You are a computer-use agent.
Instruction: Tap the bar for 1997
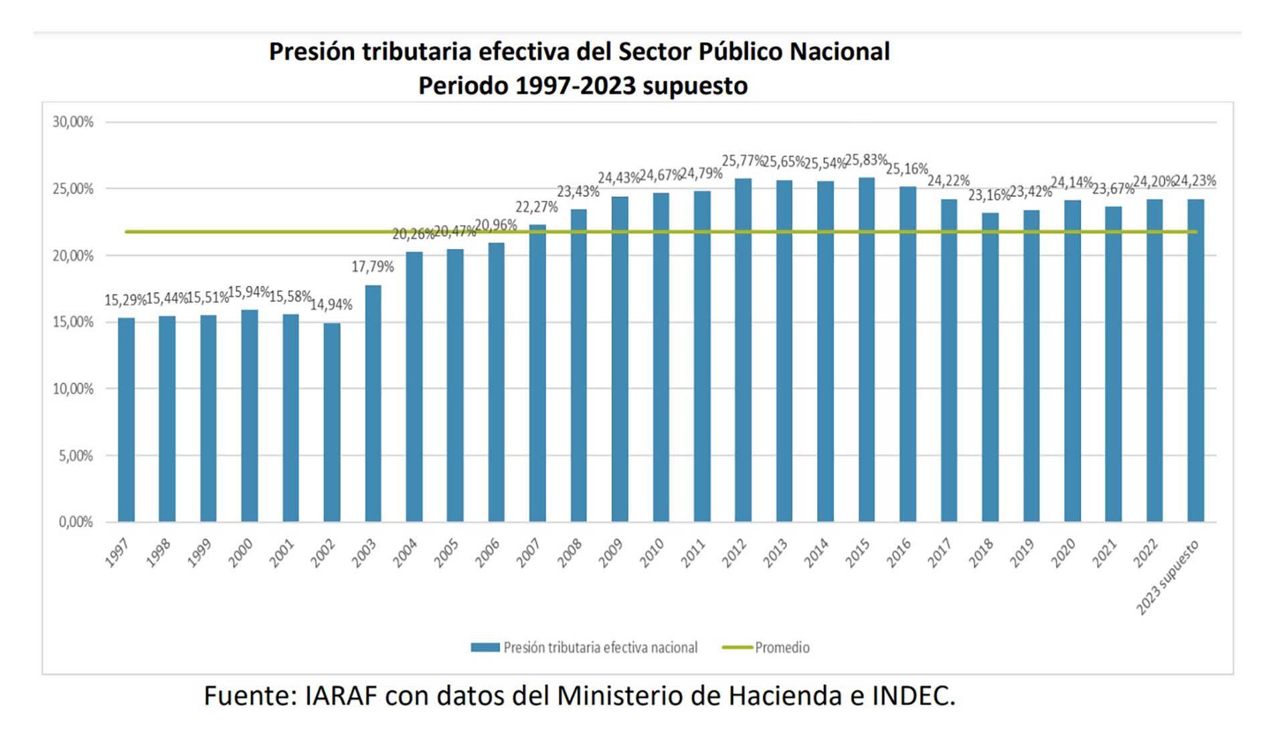point(126,420)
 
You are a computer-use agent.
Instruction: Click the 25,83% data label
point(866,160)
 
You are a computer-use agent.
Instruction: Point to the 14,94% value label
point(331,305)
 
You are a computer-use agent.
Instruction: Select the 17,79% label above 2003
point(373,267)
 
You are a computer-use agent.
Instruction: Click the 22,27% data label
point(536,207)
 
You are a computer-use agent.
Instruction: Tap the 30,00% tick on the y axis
point(73,122)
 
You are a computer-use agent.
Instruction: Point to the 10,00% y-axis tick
point(73,388)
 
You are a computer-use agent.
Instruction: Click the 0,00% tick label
point(76,522)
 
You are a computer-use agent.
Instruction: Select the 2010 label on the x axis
point(651,553)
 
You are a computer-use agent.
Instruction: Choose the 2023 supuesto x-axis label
point(1168,577)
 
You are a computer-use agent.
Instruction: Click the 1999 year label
point(199,553)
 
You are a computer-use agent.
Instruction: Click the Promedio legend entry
point(782,648)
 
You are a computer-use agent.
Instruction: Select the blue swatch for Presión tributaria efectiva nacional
point(485,648)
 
